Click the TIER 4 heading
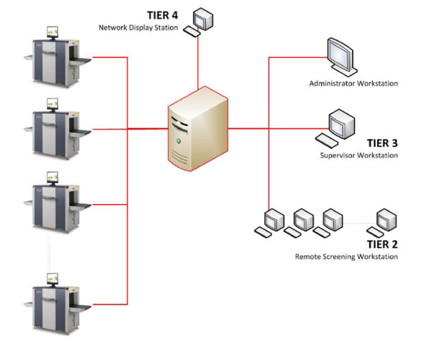162,14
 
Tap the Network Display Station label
138,27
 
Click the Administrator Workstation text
353,84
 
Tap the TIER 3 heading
382,143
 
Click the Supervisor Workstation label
359,155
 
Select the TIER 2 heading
382,244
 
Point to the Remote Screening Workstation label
346,257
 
